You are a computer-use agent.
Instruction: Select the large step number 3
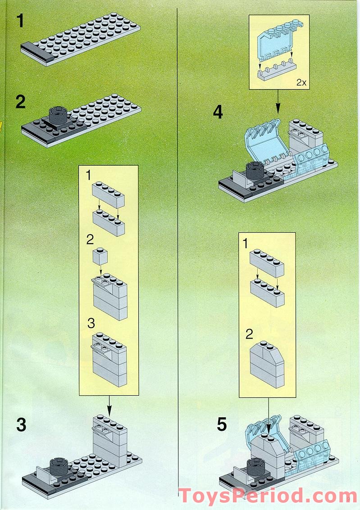[x=21, y=424]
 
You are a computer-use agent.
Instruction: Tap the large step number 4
[x=218, y=112]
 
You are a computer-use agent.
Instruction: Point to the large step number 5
[x=222, y=424]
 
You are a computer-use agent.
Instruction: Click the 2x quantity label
[x=301, y=82]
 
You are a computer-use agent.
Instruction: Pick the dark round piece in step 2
[x=59, y=115]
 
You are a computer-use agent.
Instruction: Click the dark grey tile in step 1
[x=37, y=52]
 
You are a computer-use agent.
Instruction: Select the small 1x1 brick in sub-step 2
[x=100, y=256]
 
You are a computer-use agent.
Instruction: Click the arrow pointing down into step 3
[x=109, y=406]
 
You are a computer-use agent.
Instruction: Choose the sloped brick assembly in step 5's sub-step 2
[x=267, y=364]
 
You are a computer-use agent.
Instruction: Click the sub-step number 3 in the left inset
[x=91, y=323]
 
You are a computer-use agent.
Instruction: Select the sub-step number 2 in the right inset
[x=249, y=334]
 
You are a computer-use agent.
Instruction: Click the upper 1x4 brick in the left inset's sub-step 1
[x=109, y=195]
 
